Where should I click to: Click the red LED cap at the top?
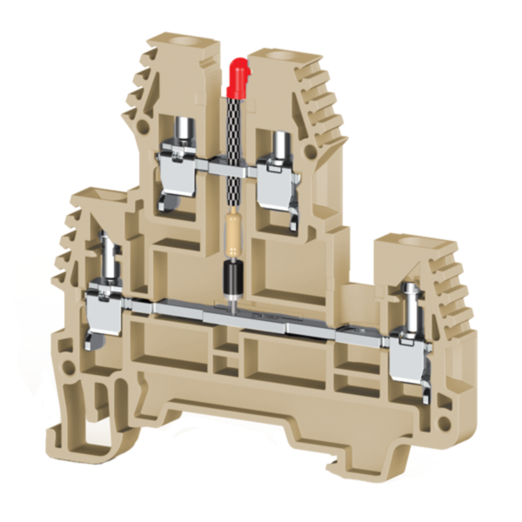[235, 77]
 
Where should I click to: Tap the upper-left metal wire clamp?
[178, 174]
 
